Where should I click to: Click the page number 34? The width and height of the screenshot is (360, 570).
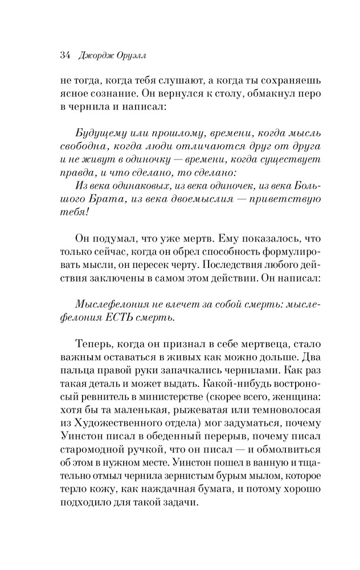(x=63, y=55)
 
